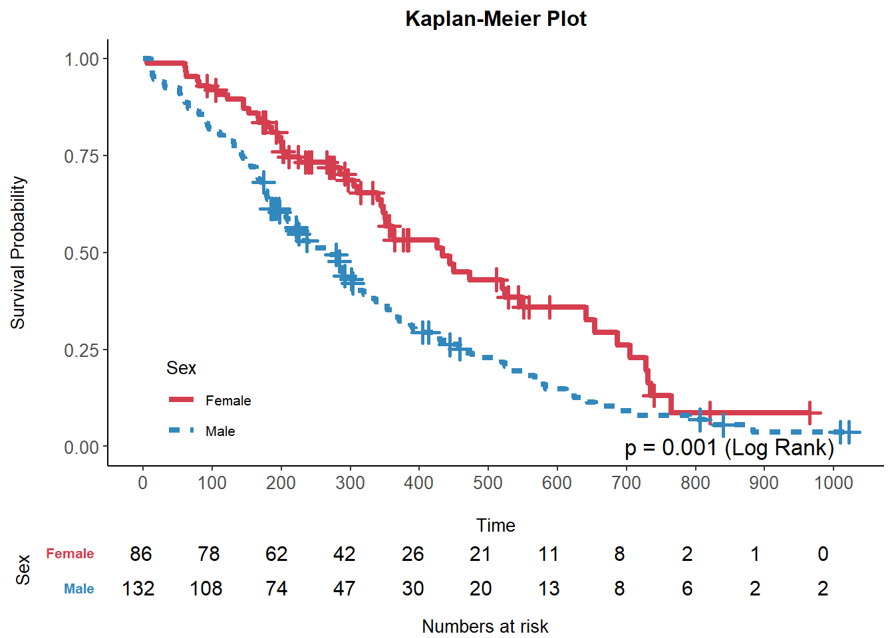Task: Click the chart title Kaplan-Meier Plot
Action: pos(496,19)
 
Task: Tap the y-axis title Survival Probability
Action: pos(18,253)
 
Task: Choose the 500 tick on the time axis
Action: pos(488,482)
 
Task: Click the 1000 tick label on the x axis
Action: pos(833,482)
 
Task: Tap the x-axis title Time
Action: pos(496,525)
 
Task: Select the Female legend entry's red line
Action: pos(181,399)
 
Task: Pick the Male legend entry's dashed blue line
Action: pos(181,431)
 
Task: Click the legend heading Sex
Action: pos(181,368)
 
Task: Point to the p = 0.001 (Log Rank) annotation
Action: pos(729,448)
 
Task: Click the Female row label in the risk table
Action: pos(70,554)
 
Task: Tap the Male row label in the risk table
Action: pos(78,589)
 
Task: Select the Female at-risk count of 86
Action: pos(141,554)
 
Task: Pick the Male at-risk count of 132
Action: pos(138,589)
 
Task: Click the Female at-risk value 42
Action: pos(344,554)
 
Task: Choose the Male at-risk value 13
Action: pos(549,589)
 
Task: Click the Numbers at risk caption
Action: pos(485,626)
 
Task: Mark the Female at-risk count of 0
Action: pos(823,554)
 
